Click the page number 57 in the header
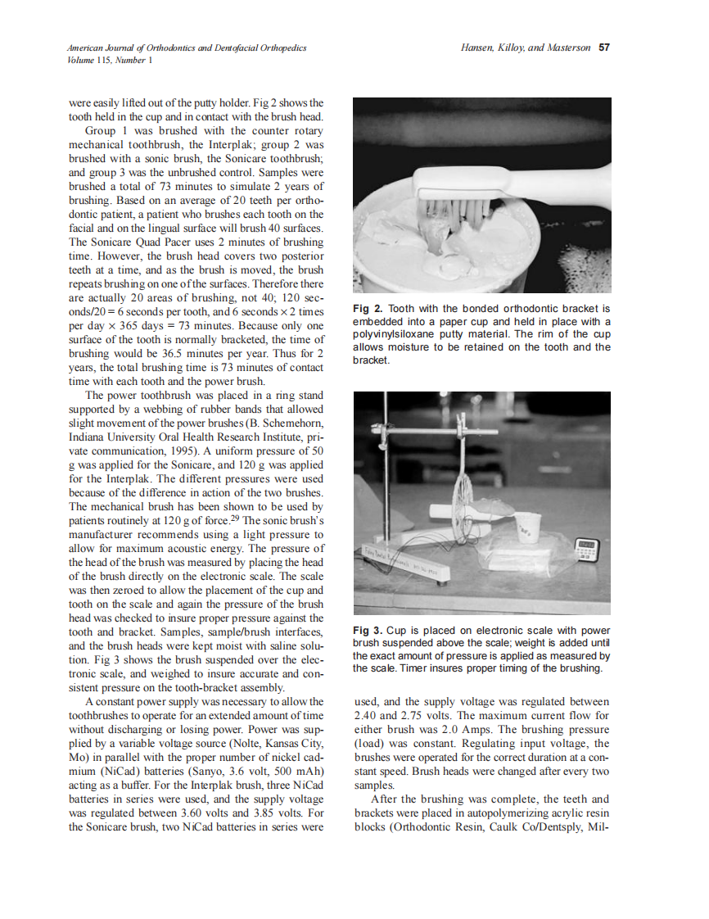604,48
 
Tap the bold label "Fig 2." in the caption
368,308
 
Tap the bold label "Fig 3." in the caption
368,630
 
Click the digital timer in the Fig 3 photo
588,547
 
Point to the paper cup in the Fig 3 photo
526,529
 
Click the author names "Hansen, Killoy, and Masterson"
526,48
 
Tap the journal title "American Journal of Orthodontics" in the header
130,48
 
